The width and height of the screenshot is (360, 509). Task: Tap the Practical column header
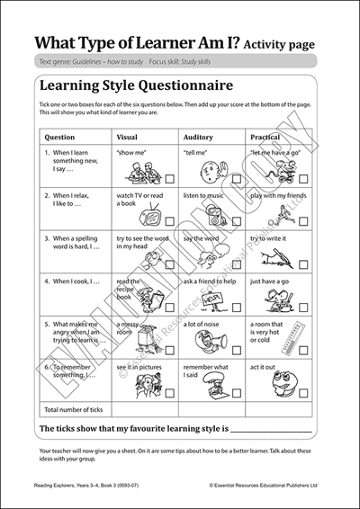click(265, 138)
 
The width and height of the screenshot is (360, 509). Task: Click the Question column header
click(59, 138)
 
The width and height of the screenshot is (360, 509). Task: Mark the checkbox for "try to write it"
click(303, 263)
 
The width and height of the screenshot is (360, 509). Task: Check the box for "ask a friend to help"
click(236, 307)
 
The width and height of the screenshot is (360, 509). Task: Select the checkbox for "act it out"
click(303, 394)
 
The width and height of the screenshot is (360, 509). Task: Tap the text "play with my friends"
click(278, 194)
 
